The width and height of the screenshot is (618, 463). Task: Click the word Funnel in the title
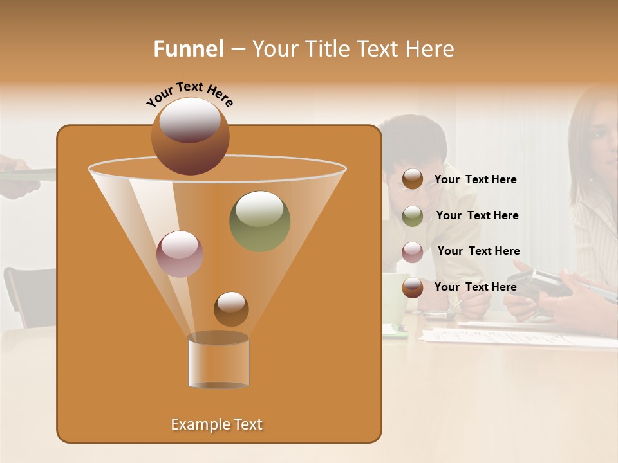(x=189, y=49)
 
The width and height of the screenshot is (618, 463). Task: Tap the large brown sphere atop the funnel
(x=190, y=136)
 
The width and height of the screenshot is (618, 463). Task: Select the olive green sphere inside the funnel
(x=259, y=221)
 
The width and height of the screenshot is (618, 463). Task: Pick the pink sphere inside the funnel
(x=180, y=254)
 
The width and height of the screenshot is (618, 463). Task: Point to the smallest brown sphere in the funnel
(x=231, y=309)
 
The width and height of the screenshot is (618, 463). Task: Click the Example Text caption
(x=216, y=424)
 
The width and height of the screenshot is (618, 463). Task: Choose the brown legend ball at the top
(x=413, y=179)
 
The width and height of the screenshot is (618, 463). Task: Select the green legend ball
(x=413, y=215)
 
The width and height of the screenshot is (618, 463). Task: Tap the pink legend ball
(x=413, y=251)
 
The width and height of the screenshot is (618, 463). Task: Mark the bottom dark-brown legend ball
(x=413, y=287)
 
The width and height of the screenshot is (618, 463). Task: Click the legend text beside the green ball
(x=477, y=215)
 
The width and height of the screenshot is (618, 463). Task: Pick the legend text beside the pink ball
(x=478, y=251)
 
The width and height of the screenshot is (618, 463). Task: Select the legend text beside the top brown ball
(x=475, y=179)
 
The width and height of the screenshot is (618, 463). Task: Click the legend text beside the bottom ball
(x=475, y=287)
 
